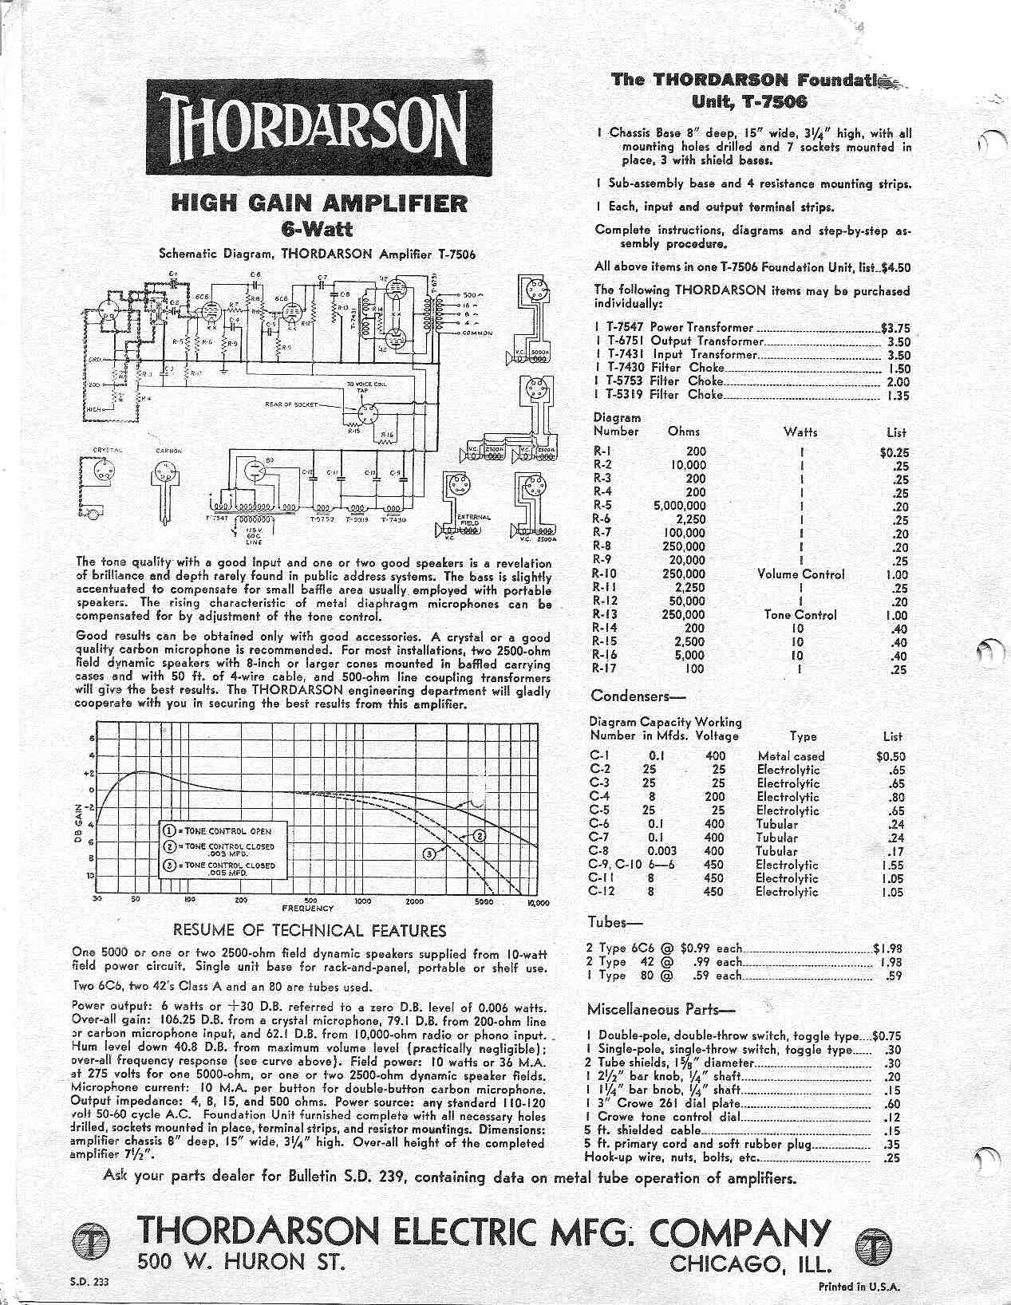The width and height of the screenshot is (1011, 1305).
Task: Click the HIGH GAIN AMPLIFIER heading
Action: tap(318, 203)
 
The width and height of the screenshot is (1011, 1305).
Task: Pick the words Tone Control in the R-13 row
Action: tap(800, 616)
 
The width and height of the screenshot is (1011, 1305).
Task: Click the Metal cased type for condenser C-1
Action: tap(791, 756)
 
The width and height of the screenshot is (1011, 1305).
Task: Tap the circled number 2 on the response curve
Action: tap(480, 836)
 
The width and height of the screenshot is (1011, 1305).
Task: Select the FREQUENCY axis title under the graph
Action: tap(307, 909)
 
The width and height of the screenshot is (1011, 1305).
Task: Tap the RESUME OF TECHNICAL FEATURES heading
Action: tap(310, 931)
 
